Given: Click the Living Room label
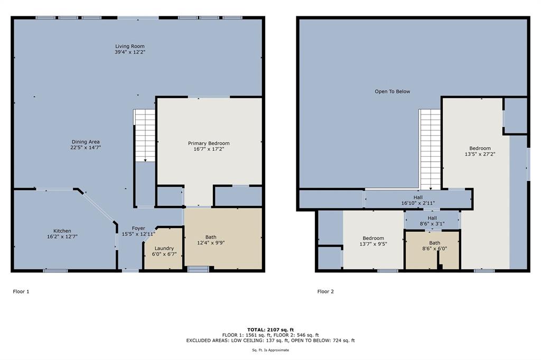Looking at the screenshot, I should coord(130,46).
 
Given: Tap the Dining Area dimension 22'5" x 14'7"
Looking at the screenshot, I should coord(86,148).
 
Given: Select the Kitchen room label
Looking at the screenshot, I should coord(62,231).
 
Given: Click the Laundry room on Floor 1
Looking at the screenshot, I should coord(164,251).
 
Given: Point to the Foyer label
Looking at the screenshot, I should coord(138,229).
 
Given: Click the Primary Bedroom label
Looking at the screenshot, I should coord(209,144).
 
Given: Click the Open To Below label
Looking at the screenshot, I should coord(393,91).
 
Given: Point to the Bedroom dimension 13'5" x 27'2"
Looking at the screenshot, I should coord(480,155).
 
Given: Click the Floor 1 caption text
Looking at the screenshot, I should coord(21,291).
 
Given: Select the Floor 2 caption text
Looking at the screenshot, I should coord(325,291).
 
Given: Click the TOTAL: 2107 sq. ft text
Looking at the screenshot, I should coord(270,329).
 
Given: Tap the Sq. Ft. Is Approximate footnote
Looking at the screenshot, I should coord(270,350).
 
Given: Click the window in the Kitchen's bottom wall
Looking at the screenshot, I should coord(55,271).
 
